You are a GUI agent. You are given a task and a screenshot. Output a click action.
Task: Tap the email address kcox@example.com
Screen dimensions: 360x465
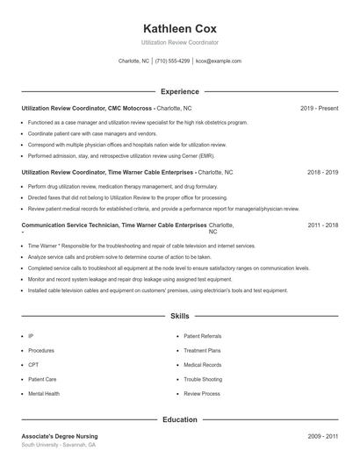tap(219, 61)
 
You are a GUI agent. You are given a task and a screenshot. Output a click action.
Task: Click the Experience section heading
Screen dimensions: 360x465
tap(179, 91)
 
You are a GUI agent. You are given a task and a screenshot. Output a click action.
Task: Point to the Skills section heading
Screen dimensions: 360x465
tap(179, 315)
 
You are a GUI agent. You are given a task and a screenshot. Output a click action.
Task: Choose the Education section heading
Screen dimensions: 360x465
tap(179, 420)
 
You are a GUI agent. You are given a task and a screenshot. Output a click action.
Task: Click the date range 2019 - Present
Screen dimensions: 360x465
tap(319, 108)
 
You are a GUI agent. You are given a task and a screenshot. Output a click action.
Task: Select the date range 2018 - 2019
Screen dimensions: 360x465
tap(322, 173)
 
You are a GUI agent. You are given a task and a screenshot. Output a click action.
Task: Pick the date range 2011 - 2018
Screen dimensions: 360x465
tap(322, 225)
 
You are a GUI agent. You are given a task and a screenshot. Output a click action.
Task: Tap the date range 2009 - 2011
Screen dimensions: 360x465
tap(322, 436)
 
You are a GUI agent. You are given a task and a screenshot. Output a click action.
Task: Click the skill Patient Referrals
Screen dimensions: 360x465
tap(203, 336)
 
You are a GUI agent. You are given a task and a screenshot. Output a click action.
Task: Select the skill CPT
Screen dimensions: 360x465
tap(33, 365)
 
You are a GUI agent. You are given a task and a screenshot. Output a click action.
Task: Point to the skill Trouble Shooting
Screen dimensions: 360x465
tap(203, 380)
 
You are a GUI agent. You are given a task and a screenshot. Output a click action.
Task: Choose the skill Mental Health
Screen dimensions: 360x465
tap(44, 394)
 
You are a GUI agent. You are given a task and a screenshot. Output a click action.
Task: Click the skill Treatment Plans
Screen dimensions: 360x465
tap(202, 350)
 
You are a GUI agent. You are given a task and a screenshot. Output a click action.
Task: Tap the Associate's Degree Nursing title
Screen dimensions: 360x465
tap(60, 436)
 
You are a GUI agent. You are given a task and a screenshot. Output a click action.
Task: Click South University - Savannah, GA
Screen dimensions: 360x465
tap(59, 446)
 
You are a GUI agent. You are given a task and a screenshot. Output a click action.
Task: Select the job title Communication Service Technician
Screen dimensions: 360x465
tap(69, 225)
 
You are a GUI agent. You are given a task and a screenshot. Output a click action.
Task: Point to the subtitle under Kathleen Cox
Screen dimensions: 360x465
tap(179, 42)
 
